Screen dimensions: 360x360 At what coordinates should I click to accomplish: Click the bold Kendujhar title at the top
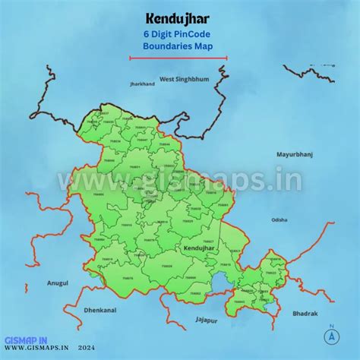(178, 18)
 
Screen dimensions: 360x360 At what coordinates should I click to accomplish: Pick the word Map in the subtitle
(204, 46)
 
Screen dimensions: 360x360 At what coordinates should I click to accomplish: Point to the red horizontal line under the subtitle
(178, 57)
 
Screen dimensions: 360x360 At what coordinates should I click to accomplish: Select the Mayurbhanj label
(295, 153)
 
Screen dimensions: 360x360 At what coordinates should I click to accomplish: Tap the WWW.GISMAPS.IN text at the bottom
(35, 351)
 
